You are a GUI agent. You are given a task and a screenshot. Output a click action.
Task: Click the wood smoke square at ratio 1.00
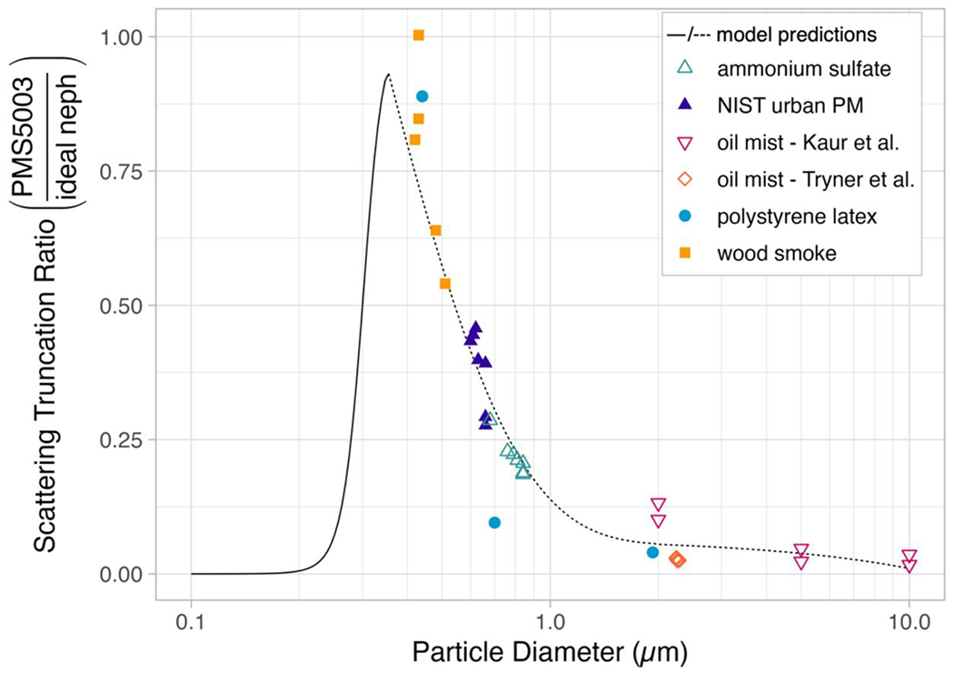pyautogui.click(x=418, y=35)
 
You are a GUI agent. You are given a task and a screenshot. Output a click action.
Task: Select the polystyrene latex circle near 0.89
pyautogui.click(x=422, y=96)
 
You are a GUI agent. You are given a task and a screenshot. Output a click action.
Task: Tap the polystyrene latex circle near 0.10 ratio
pyautogui.click(x=494, y=522)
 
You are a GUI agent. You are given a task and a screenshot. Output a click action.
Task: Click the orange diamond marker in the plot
pyautogui.click(x=677, y=559)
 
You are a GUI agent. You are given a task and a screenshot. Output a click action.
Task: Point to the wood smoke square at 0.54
pyautogui.click(x=445, y=284)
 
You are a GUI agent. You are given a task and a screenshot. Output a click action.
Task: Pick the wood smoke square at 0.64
pyautogui.click(x=435, y=230)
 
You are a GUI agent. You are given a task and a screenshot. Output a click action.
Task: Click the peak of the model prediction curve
pyautogui.click(x=388, y=75)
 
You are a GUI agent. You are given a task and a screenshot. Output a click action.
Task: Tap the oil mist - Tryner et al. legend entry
pyautogui.click(x=814, y=179)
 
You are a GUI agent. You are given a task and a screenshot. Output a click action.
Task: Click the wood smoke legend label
pyautogui.click(x=774, y=254)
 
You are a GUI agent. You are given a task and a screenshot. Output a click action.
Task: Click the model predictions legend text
pyautogui.click(x=796, y=35)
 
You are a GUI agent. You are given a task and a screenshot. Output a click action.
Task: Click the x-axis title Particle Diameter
pyautogui.click(x=550, y=652)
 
